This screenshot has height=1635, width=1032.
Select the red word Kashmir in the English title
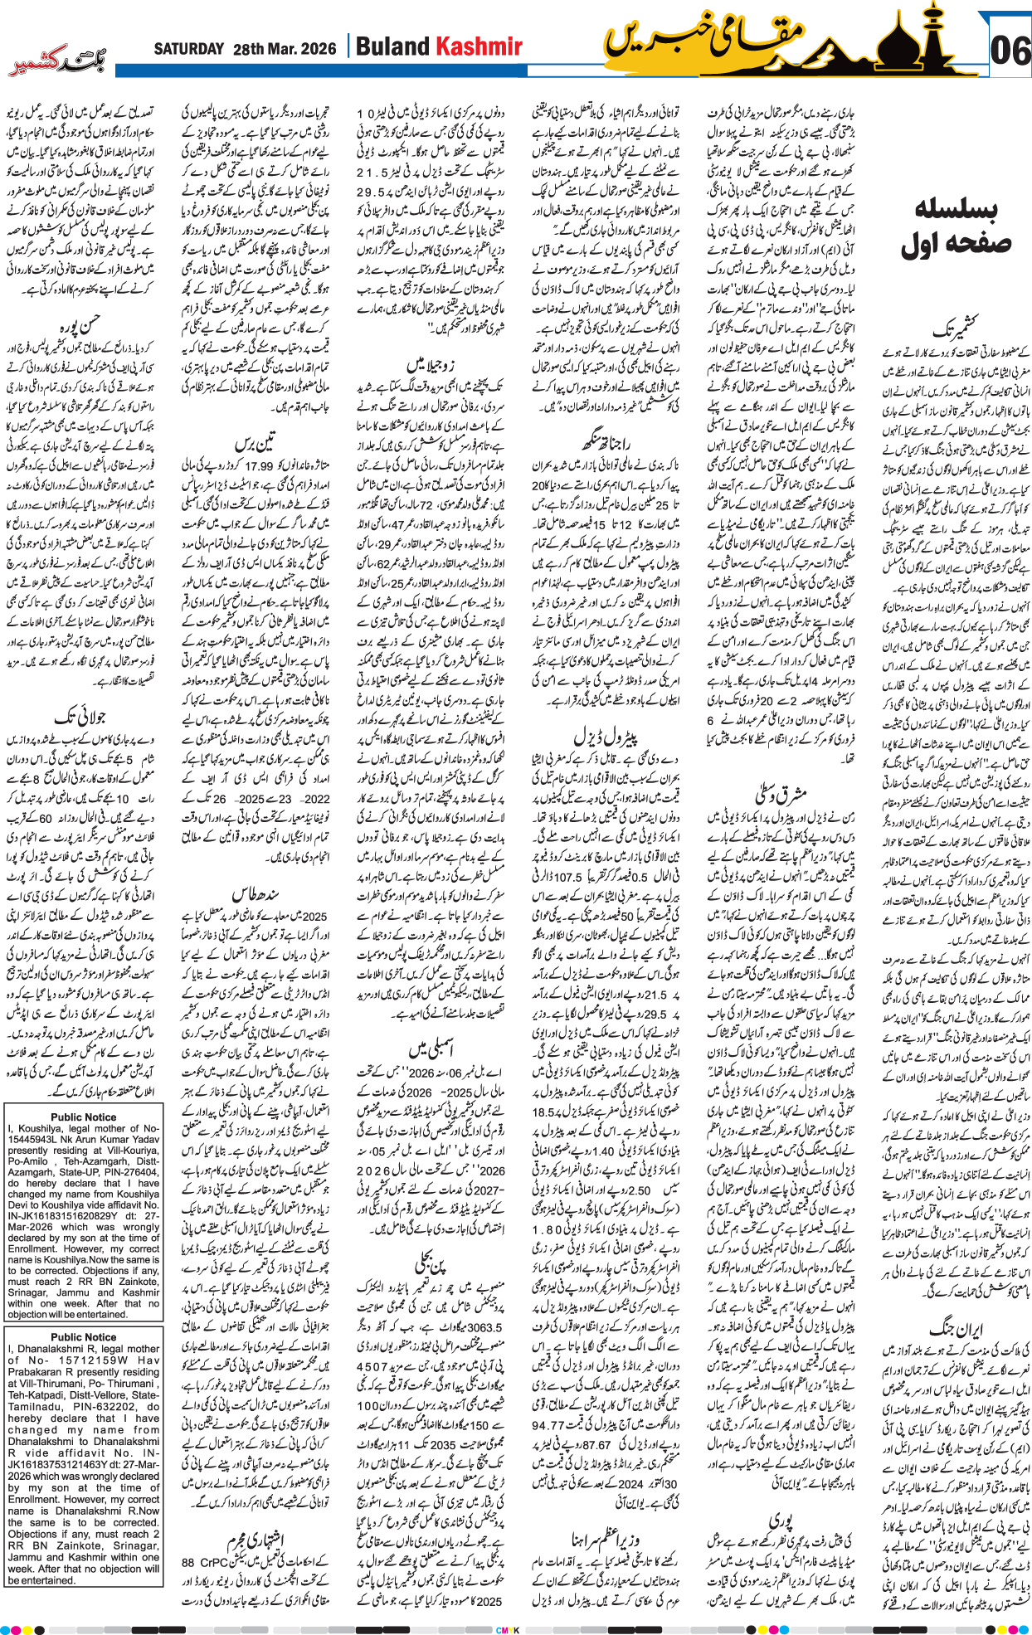(x=479, y=46)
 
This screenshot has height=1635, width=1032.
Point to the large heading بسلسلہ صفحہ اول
(x=956, y=226)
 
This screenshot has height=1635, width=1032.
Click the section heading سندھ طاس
(x=256, y=893)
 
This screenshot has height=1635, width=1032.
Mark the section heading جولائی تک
(x=80, y=715)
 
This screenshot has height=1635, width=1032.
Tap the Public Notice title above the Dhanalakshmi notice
(x=83, y=1336)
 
